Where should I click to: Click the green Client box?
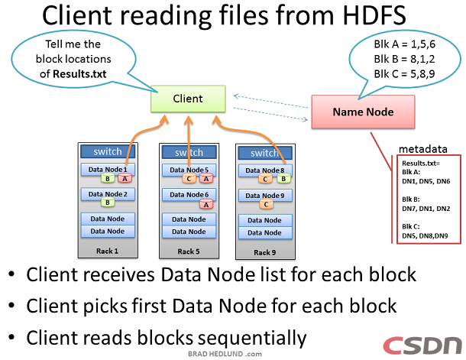pyautogui.click(x=187, y=99)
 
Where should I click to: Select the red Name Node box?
pyautogui.click(x=363, y=112)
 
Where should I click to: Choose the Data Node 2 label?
pyautogui.click(x=108, y=195)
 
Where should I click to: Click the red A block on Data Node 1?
pyautogui.click(x=125, y=179)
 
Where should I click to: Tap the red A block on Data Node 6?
pyautogui.click(x=205, y=204)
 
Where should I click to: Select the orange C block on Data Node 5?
pyautogui.click(x=189, y=179)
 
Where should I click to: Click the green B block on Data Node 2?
pyautogui.click(x=108, y=203)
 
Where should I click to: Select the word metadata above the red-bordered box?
pyautogui.click(x=423, y=148)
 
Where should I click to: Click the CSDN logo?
pyautogui.click(x=422, y=344)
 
